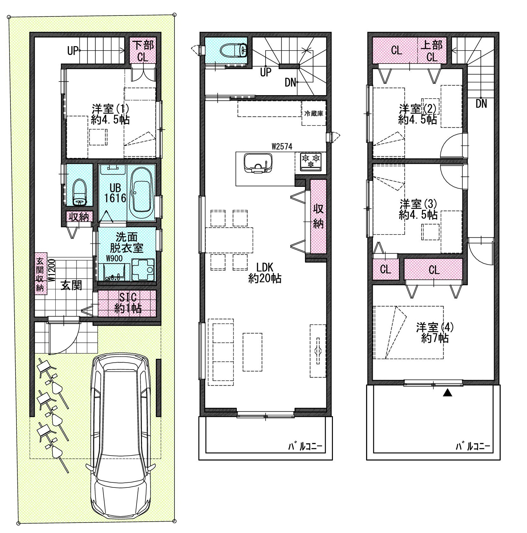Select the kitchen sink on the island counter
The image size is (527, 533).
(x=258, y=163)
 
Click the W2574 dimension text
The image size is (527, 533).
(x=282, y=147)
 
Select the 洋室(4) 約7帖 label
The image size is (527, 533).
(x=435, y=332)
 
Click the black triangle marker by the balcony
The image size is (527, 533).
(x=447, y=393)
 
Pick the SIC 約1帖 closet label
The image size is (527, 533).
(x=128, y=303)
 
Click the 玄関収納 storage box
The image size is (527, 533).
(x=40, y=273)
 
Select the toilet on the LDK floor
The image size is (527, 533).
(x=234, y=50)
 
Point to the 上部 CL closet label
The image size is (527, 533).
(x=432, y=51)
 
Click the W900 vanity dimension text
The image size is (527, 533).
(x=114, y=258)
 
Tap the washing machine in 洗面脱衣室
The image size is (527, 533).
(x=143, y=269)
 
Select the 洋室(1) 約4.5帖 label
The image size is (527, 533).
(x=110, y=114)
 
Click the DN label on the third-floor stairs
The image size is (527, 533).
(x=481, y=103)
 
